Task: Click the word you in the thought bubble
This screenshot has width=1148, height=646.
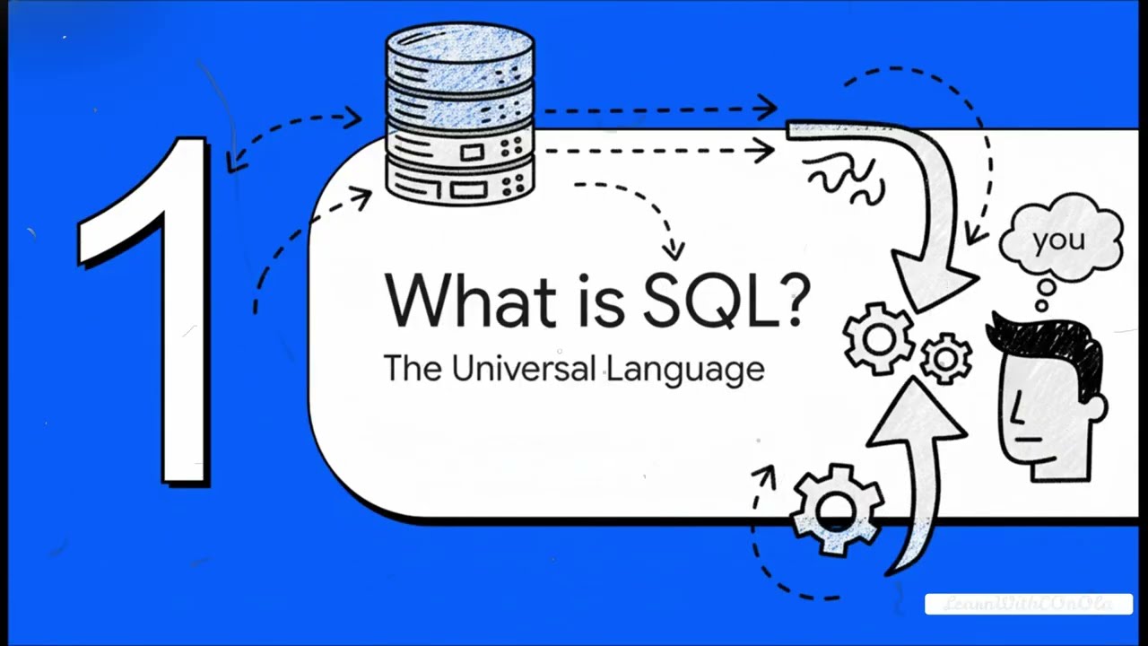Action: (x=1059, y=240)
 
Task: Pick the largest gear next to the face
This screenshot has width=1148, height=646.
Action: (x=879, y=338)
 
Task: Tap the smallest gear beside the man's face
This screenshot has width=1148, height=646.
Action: (x=944, y=358)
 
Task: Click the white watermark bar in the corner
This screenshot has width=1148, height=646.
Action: (x=1028, y=604)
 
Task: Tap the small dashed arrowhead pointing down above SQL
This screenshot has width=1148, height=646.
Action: (x=674, y=249)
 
